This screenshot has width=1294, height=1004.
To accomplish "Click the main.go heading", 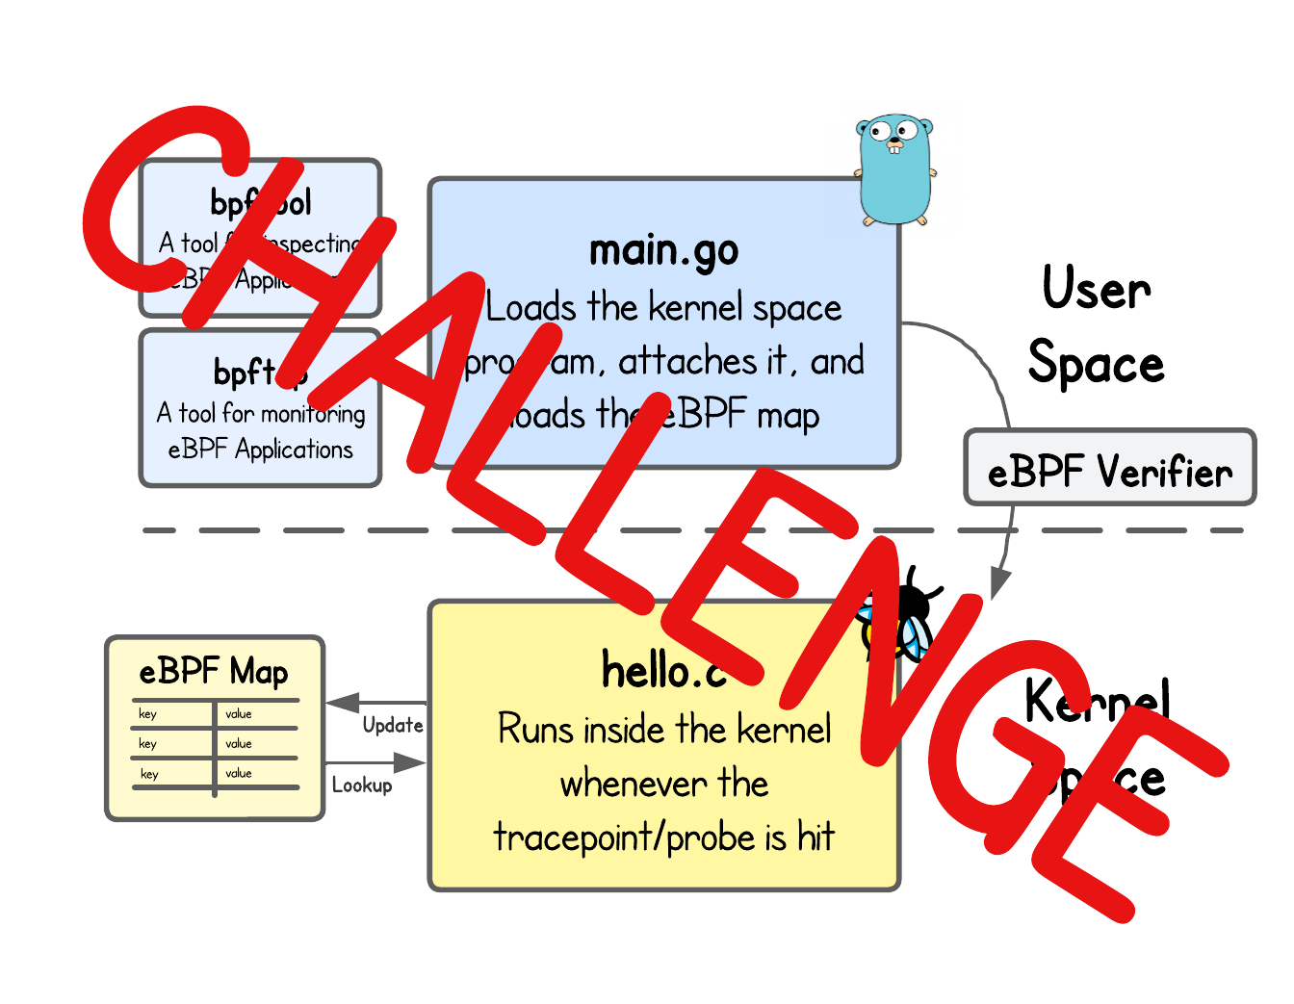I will pos(663,251).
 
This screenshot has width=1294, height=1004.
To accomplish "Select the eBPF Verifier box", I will pos(1110,468).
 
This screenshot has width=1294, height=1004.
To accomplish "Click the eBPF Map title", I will pos(214,671).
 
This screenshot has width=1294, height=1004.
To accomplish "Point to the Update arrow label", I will pos(393,725).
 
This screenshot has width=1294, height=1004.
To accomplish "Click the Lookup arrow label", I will pos(362,785).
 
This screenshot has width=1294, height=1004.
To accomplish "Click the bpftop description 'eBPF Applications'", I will pos(260,450).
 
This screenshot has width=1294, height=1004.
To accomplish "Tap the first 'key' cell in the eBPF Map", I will pos(147,714).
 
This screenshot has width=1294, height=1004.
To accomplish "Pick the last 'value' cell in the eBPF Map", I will pos(239,774).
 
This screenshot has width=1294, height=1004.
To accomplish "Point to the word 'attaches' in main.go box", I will pos(687,362).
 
